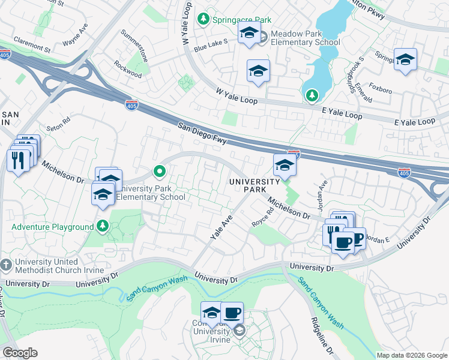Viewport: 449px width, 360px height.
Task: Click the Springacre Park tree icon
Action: click(x=203, y=20)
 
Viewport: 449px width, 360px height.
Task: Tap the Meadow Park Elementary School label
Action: click(x=305, y=38)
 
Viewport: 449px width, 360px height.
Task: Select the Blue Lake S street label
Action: click(x=211, y=43)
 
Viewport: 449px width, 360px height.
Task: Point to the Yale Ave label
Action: click(x=220, y=228)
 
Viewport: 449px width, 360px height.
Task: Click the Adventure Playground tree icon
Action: click(x=103, y=227)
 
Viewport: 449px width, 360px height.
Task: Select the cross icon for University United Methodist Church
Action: click(x=6, y=264)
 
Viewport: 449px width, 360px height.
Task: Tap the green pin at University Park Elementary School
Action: click(x=159, y=172)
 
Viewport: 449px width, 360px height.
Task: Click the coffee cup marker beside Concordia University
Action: click(x=232, y=313)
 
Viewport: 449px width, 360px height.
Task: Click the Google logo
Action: click(x=20, y=353)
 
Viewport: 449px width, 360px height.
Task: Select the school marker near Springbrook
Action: click(x=405, y=59)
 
